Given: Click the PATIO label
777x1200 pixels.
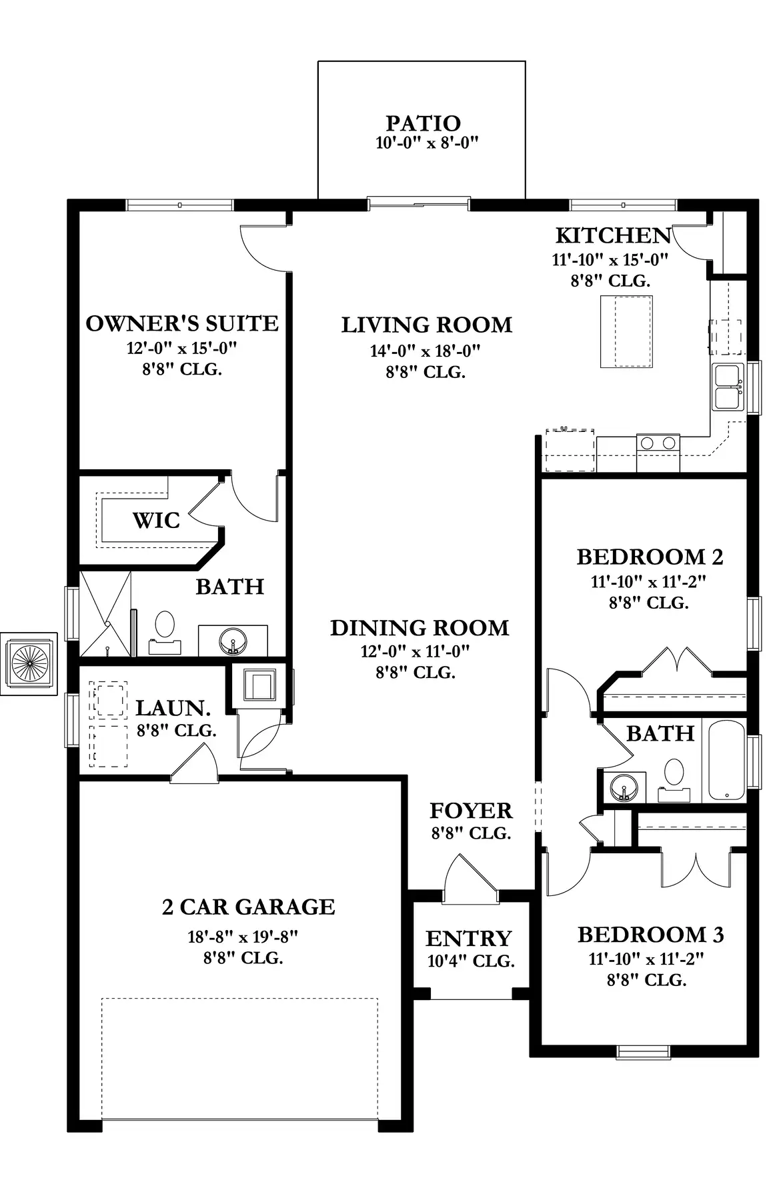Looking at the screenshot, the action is (423, 123).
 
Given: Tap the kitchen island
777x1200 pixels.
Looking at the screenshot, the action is (626, 331).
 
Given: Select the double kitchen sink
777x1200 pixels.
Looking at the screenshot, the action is (728, 387).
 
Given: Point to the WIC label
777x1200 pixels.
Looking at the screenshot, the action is (156, 520).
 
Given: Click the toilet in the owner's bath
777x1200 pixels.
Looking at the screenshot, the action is (164, 633).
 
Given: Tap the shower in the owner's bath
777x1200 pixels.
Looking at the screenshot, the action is (105, 614).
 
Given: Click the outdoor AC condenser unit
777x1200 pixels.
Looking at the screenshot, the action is (29, 663).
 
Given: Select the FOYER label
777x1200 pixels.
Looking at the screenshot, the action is (471, 811).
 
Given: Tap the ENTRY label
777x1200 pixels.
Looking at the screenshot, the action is (468, 939).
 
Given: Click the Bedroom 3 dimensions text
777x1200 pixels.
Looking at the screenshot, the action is (646, 959).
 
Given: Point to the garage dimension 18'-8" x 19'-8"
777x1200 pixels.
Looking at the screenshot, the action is (242, 937).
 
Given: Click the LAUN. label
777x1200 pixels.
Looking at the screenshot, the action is (173, 708).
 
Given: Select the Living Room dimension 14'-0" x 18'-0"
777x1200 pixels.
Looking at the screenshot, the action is (426, 351).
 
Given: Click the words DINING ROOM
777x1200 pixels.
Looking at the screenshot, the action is (420, 628).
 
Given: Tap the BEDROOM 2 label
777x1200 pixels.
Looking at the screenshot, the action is (650, 557).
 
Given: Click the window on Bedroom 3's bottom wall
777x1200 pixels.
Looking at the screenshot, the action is (643, 1051).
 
